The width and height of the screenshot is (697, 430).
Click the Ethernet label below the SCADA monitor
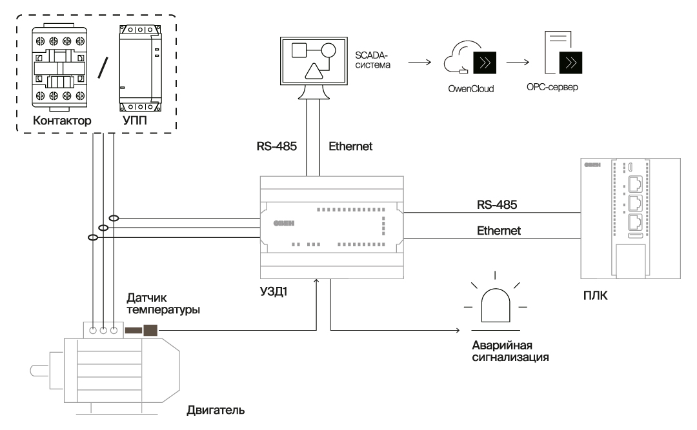pos(350,146)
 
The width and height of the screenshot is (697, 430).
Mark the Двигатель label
pos(216,409)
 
